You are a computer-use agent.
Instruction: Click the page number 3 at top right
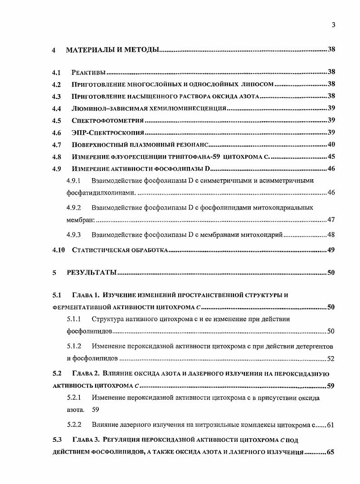pos(333,25)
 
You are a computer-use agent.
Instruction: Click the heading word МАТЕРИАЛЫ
pos(91,49)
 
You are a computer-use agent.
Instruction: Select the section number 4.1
pos(56,72)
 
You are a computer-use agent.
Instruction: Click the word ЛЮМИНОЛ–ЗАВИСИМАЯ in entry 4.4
pos(105,108)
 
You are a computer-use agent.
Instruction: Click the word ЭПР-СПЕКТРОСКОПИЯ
pos(107,133)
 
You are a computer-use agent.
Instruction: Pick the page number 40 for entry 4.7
pos(331,145)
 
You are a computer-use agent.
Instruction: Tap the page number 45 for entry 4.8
pos(331,157)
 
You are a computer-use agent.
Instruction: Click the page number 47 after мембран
pos(331,220)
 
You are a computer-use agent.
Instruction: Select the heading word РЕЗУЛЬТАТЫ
pos(92,273)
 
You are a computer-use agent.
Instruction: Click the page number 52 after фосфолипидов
pos(331,359)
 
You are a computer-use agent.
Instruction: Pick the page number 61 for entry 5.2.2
pos(331,425)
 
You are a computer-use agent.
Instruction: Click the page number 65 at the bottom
pos(331,452)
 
